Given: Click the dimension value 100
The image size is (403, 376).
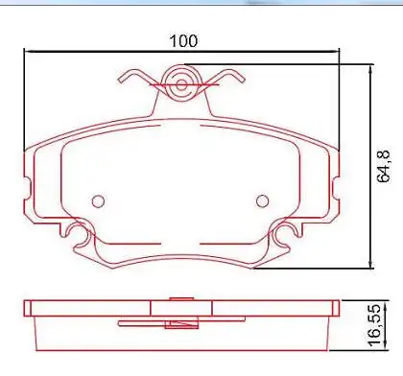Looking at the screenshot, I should [182, 41].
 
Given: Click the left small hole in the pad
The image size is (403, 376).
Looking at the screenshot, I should [97, 200].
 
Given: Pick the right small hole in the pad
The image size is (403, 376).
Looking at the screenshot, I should [263, 200].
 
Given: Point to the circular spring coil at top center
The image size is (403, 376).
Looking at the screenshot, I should [182, 83].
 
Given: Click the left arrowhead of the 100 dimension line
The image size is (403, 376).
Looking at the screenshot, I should [28, 54].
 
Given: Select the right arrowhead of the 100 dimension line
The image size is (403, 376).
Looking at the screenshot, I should [337, 54].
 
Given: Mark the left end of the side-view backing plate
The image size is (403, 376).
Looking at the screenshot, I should [27, 308].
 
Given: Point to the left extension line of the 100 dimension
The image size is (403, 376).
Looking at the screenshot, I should [23, 106].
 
